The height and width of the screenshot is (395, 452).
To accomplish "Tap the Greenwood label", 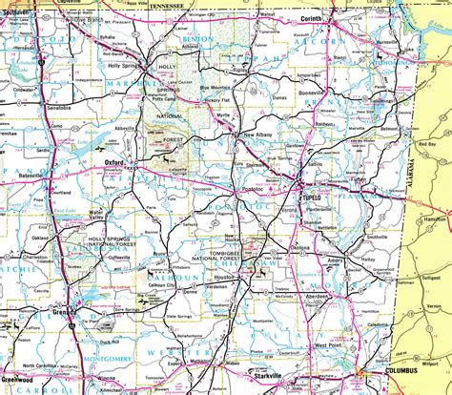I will click(17, 380).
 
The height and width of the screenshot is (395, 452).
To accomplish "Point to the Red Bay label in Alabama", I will click(426, 144).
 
